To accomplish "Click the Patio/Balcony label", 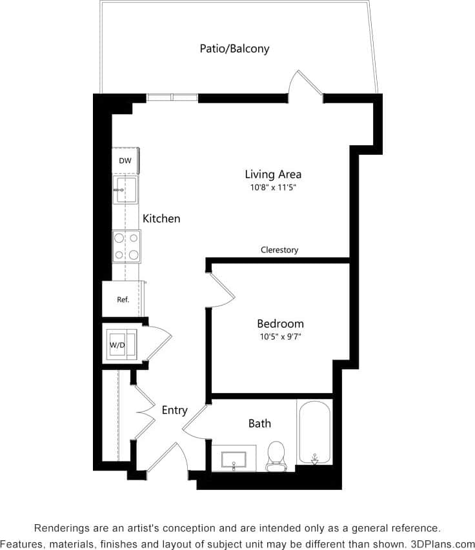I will (x=234, y=48).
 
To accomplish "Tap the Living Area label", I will (x=273, y=174).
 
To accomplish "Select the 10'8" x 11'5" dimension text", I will (x=273, y=188).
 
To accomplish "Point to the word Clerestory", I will (x=279, y=250).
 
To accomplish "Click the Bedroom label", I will (x=280, y=323).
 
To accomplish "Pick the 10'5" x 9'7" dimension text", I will (x=280, y=336).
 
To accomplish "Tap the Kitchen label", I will (x=161, y=219).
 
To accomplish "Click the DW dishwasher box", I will (x=125, y=161).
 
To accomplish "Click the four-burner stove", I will (x=126, y=246).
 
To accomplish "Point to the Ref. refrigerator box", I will (x=123, y=300).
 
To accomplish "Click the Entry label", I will (x=174, y=410).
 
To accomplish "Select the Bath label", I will (x=259, y=423).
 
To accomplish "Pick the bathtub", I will (x=314, y=432).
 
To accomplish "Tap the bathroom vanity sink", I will (x=234, y=459).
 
